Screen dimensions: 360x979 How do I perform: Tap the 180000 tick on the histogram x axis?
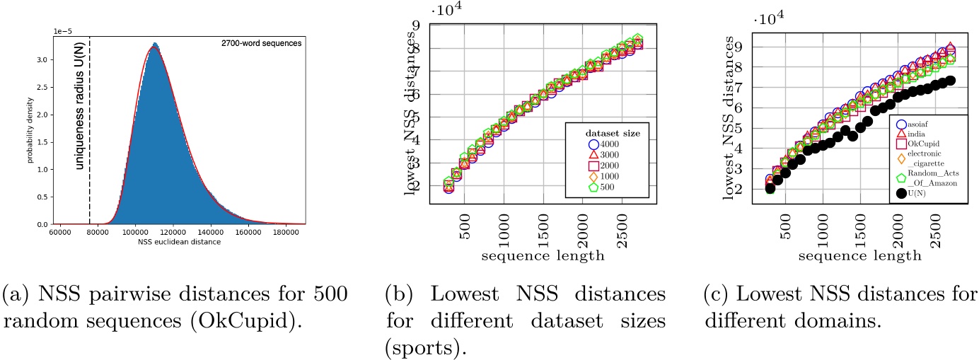(286, 232)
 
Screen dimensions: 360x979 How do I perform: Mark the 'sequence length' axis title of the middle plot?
(543, 255)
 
